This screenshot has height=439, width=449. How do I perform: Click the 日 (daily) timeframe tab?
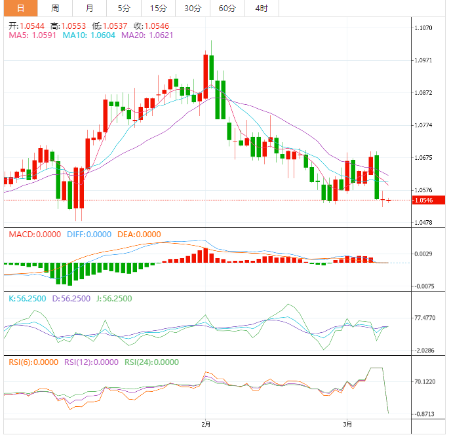pyautogui.click(x=20, y=9)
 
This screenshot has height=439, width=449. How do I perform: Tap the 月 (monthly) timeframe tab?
pyautogui.click(x=89, y=9)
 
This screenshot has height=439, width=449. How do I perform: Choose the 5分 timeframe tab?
pyautogui.click(x=124, y=9)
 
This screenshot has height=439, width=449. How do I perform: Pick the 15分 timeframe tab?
pyautogui.click(x=158, y=9)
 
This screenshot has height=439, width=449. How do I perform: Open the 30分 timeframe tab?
pyautogui.click(x=193, y=9)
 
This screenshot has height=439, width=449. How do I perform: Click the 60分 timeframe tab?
pyautogui.click(x=227, y=9)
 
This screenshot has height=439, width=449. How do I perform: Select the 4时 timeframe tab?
pyautogui.click(x=261, y=9)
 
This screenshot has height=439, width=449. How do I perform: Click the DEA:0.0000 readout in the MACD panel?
pyautogui.click(x=139, y=234)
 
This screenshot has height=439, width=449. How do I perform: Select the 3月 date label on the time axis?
pyautogui.click(x=348, y=424)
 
